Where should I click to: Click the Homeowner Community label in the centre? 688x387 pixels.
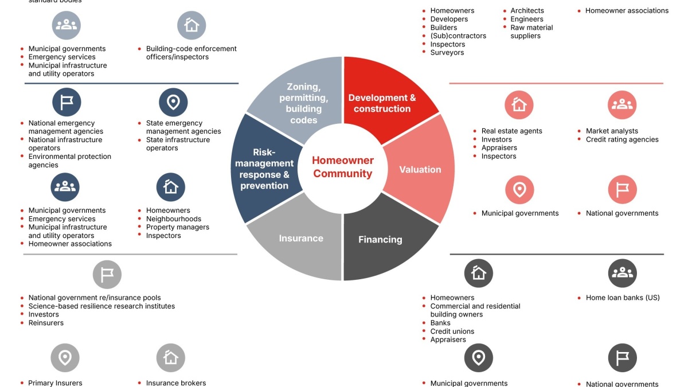click(343, 167)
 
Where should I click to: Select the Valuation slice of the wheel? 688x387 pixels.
click(420, 169)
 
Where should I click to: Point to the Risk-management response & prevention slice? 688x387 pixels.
click(265, 169)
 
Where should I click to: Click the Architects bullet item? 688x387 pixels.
click(527, 10)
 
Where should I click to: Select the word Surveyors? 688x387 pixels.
click(447, 53)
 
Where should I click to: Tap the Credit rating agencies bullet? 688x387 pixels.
click(622, 139)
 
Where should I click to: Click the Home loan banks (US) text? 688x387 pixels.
click(623, 298)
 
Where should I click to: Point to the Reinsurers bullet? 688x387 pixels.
click(46, 323)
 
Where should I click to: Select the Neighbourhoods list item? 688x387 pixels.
click(174, 218)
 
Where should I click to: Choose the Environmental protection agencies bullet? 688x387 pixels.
click(70, 161)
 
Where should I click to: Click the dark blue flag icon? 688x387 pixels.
click(67, 102)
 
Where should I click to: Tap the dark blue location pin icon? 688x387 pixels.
click(173, 102)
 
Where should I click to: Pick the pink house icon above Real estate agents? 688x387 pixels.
click(519, 105)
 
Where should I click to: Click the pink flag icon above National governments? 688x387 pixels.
click(622, 190)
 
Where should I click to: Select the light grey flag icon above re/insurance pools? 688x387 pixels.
click(107, 274)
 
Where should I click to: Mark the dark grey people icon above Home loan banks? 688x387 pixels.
click(622, 273)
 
